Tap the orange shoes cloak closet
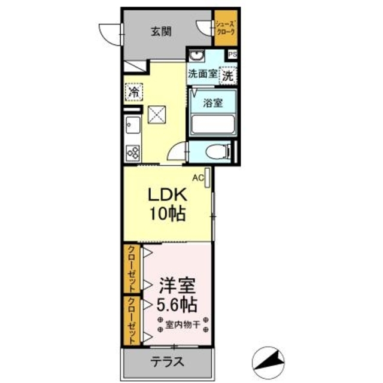226,28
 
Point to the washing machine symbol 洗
228,76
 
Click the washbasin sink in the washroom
197,57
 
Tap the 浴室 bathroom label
212,102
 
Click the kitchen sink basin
132,126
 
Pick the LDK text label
168,195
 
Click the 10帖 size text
168,213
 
